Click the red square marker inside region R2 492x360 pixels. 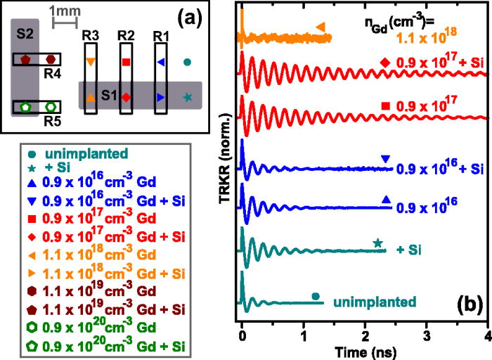pos(127,63)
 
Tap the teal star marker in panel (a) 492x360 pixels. pos(187,96)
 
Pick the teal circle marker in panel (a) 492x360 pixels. pos(187,62)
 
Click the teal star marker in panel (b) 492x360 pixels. pos(377,243)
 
